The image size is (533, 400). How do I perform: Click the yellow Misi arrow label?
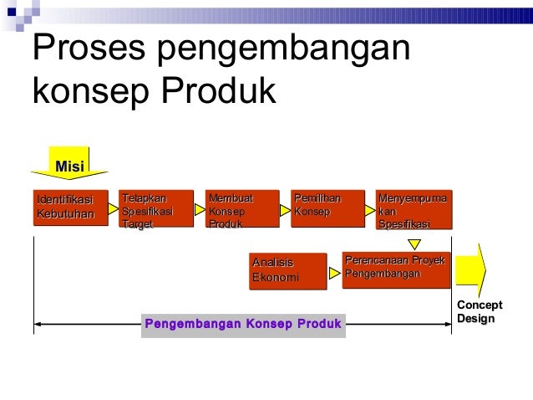[x=70, y=165]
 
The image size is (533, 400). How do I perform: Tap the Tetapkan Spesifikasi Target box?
[x=156, y=208]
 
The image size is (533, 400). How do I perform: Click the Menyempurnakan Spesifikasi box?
[x=414, y=208]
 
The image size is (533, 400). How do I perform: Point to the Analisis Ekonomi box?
[x=287, y=271]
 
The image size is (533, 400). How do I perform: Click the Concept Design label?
[x=480, y=312]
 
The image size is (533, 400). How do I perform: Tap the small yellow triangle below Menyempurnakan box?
[x=413, y=244]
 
